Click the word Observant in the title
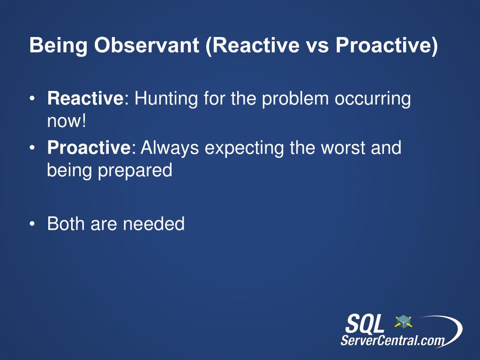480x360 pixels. (x=147, y=45)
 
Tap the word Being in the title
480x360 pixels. (x=59, y=46)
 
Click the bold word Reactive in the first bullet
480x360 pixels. (x=85, y=98)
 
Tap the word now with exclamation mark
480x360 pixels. (x=67, y=121)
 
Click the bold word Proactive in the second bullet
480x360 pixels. (x=89, y=148)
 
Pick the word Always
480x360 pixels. (x=170, y=148)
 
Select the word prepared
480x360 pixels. (x=135, y=171)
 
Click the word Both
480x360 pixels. (x=66, y=224)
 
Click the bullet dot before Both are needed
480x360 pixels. (x=32, y=224)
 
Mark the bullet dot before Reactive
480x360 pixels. (x=32, y=99)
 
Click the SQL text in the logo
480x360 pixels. (x=365, y=323)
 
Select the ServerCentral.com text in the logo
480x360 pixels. (x=392, y=340)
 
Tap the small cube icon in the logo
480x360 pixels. (x=403, y=322)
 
